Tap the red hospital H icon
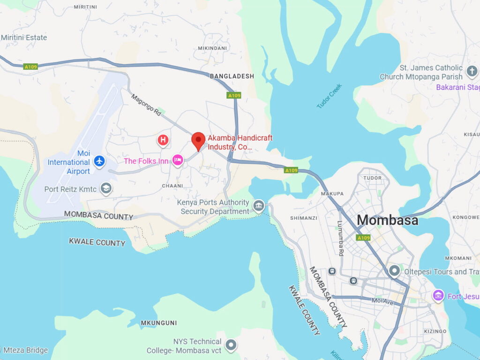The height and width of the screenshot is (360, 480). (x=163, y=140)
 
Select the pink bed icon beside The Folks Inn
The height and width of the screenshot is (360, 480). (x=178, y=161)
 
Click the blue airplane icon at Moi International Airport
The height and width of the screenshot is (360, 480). (x=99, y=161)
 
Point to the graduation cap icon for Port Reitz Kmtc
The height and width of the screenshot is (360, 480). (x=106, y=188)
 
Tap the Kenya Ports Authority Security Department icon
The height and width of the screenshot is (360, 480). (x=259, y=206)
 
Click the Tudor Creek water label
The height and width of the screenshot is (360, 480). (x=330, y=97)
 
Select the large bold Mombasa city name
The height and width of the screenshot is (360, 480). (x=387, y=220)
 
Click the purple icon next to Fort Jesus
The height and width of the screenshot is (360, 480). (x=438, y=296)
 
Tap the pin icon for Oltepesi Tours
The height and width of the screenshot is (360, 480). (x=395, y=270)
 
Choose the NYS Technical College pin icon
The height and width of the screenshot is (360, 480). (x=231, y=346)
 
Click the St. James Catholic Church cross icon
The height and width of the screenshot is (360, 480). (x=472, y=73)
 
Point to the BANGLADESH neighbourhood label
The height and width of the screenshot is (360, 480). (x=232, y=76)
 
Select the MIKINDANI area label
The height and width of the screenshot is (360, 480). (x=212, y=48)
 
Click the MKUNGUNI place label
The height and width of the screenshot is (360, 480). (x=159, y=322)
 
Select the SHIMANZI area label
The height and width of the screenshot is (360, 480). (x=303, y=218)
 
